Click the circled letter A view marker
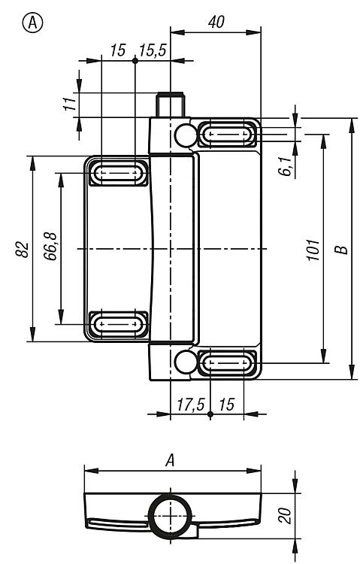(33, 23)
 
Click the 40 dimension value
(216, 23)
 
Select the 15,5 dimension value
(153, 50)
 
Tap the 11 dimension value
(71, 104)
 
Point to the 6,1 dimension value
(286, 166)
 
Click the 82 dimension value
(22, 249)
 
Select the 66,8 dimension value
(50, 247)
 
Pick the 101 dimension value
(313, 250)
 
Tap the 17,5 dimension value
(190, 405)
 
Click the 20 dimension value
(284, 515)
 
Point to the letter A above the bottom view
(170, 460)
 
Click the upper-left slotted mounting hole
(118, 174)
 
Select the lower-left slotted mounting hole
(118, 323)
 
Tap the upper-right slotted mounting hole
(228, 135)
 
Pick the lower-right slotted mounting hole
(228, 362)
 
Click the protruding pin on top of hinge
(170, 105)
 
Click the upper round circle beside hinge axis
(186, 135)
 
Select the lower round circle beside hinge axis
(186, 362)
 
